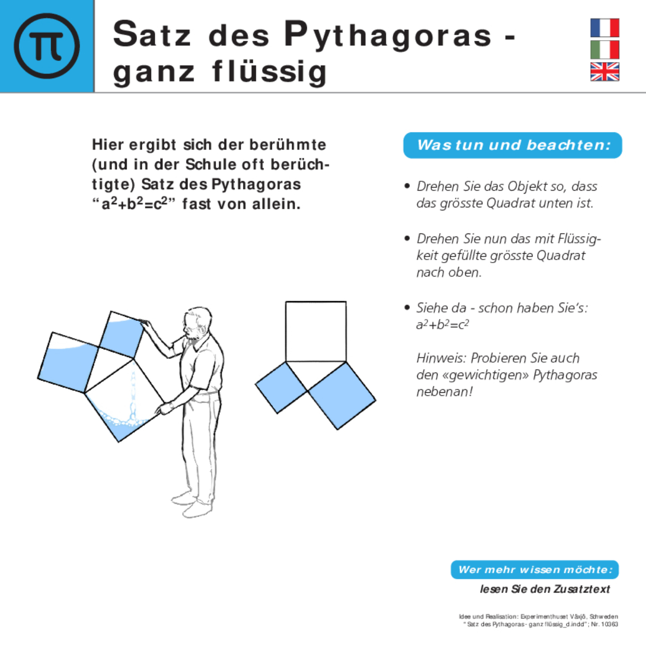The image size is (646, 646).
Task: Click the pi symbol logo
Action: click(x=47, y=46)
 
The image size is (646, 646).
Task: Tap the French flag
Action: click(x=604, y=28)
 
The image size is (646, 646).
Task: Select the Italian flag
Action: click(x=604, y=49)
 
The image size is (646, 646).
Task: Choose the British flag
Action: click(x=604, y=71)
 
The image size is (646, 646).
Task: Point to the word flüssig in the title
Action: click(x=269, y=72)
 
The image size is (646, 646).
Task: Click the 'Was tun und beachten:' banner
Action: click(x=513, y=145)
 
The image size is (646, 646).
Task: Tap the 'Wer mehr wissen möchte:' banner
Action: click(x=535, y=569)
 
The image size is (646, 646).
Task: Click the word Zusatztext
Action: click(x=582, y=589)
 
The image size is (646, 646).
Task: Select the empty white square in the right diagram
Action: click(x=316, y=331)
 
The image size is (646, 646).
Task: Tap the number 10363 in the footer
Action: click(x=609, y=624)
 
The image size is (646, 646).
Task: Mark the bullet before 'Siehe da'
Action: click(x=407, y=307)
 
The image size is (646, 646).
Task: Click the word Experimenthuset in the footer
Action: click(x=542, y=616)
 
